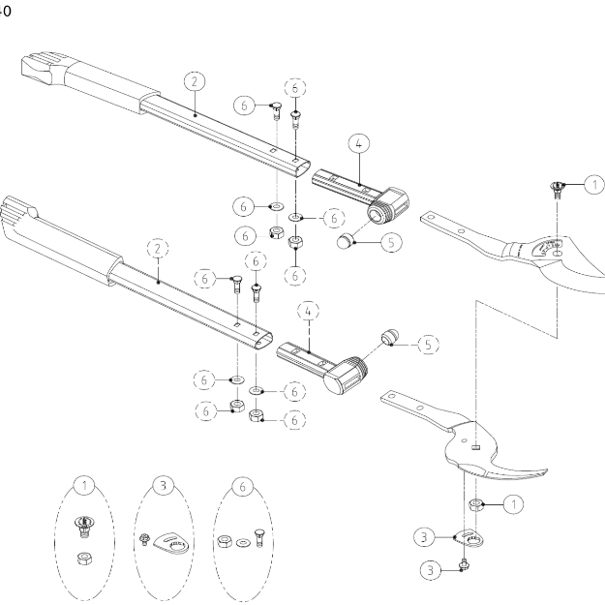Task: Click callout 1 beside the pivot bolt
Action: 592,183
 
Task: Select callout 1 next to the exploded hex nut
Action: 513,502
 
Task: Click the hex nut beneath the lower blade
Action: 476,504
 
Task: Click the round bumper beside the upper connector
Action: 353,239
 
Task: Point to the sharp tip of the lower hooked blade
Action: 549,473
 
